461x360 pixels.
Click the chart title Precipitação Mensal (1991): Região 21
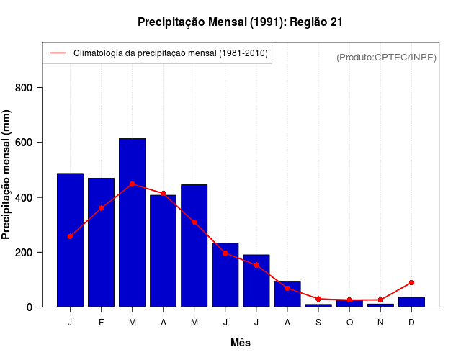tap(240, 22)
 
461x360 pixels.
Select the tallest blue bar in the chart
tap(132, 222)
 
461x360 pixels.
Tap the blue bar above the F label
tap(101, 242)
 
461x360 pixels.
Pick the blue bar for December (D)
tap(411, 302)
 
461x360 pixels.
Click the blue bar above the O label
tap(349, 303)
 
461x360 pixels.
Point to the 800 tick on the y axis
tap(30, 88)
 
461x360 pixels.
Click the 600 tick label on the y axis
tap(30, 143)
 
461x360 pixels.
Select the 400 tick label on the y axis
tap(30, 197)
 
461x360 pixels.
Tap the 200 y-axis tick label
tap(30, 253)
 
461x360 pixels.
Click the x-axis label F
tap(101, 322)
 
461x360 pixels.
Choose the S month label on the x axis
tap(318, 322)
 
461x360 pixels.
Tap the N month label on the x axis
tap(380, 322)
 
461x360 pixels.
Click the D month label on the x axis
tap(411, 322)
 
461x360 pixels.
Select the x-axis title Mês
tap(241, 343)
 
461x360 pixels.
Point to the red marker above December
tap(411, 282)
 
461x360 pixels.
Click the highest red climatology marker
tap(132, 184)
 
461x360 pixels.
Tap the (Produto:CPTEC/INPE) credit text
tap(386, 57)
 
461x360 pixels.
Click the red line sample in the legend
tap(58, 53)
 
